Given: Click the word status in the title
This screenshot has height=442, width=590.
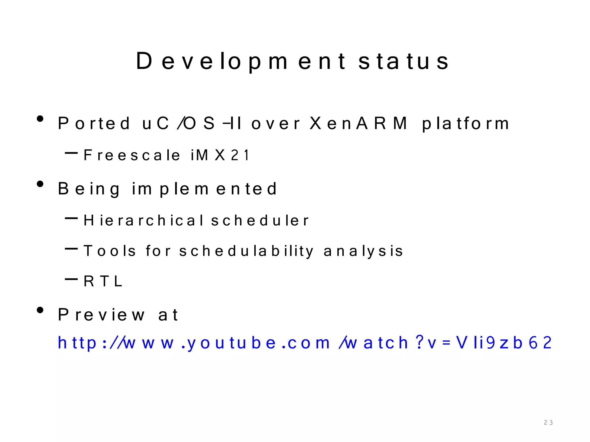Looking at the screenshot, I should [x=403, y=61].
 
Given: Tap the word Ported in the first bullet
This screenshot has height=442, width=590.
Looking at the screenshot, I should [x=94, y=123].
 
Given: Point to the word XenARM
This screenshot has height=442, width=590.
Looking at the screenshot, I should [x=359, y=123].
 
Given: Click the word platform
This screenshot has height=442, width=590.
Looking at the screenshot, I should [x=466, y=124].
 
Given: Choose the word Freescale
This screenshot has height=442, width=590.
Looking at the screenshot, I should [x=132, y=155].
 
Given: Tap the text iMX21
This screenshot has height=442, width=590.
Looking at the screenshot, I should [x=220, y=155].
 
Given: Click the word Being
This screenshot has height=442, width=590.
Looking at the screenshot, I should [x=89, y=189].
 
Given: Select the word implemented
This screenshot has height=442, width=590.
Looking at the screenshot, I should [x=204, y=189].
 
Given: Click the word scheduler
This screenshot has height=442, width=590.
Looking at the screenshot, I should [x=260, y=221].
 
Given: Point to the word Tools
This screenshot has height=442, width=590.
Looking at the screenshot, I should [x=109, y=251].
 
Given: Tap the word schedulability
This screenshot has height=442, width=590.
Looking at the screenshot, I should [x=246, y=251].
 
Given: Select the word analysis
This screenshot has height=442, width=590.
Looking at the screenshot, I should [x=363, y=251].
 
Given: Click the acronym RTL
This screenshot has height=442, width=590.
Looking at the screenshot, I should [x=103, y=281].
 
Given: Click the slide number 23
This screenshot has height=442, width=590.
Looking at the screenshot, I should [x=548, y=422].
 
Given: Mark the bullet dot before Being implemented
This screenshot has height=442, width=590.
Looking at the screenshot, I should [x=40, y=184].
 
